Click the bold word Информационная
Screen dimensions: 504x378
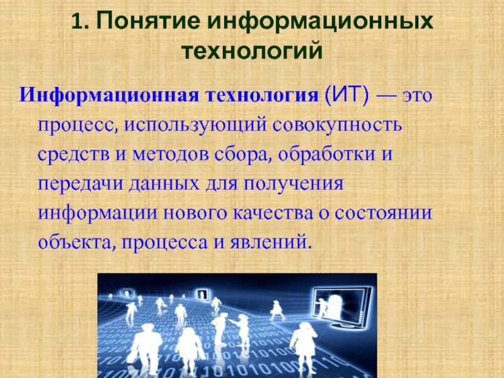tap(110, 96)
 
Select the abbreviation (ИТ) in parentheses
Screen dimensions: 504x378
tap(347, 95)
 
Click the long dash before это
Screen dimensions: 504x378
tap(386, 96)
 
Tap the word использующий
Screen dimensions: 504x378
tap(195, 125)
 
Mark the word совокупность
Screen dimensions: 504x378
tap(338, 125)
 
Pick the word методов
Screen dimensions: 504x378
tap(170, 154)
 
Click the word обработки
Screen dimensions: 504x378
tap(326, 154)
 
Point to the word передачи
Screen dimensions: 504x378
tap(81, 184)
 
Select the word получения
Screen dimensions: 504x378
tap(293, 184)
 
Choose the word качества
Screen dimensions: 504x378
tap(273, 214)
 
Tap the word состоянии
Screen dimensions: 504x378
tap(383, 213)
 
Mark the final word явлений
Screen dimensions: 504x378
tap(270, 242)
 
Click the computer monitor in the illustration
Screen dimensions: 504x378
tap(342, 308)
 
